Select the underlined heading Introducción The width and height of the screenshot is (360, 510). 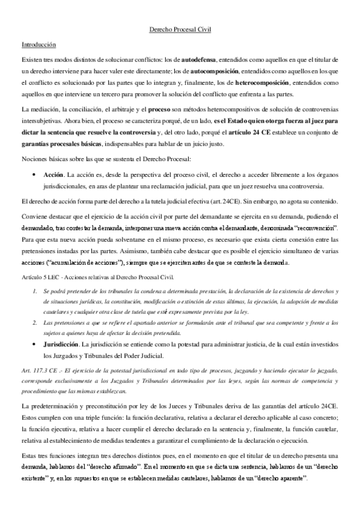tap(38, 45)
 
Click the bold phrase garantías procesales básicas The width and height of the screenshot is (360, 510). tap(59, 143)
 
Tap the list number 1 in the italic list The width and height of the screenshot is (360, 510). tap(34, 291)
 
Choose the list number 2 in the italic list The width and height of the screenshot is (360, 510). tap(34, 322)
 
